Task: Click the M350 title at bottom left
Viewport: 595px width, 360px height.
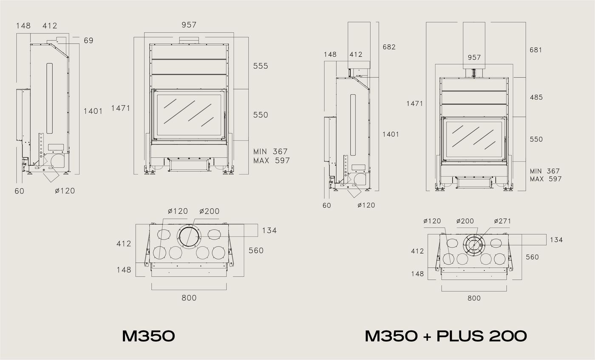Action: click(148, 336)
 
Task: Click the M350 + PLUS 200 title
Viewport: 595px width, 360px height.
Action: click(446, 336)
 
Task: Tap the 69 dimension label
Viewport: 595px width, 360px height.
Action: click(88, 41)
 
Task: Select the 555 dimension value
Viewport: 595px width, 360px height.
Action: click(261, 66)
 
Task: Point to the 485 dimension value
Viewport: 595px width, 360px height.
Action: click(536, 97)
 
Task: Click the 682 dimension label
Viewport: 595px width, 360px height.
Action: click(389, 47)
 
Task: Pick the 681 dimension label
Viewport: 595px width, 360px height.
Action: click(536, 50)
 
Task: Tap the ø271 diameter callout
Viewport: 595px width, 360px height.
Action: click(502, 221)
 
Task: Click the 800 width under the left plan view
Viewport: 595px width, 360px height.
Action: click(189, 298)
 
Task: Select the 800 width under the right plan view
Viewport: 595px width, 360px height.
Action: click(474, 298)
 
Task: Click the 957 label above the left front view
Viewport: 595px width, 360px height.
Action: click(189, 25)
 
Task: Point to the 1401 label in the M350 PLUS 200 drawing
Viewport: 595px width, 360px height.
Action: click(391, 134)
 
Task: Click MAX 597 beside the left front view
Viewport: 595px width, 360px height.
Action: click(271, 161)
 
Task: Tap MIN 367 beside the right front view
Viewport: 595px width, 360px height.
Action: click(545, 171)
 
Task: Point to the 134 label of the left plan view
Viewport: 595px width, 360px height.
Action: click(269, 230)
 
